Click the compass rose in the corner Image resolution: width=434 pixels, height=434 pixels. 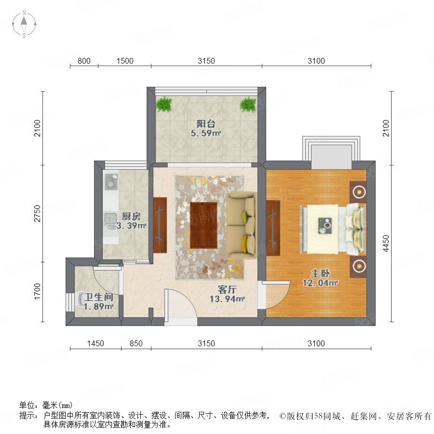[24, 24]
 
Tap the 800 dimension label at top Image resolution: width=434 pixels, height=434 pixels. [84, 61]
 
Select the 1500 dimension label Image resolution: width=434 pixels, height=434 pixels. [125, 61]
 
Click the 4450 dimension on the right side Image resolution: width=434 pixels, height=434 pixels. [386, 244]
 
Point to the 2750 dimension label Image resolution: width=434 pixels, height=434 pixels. [37, 214]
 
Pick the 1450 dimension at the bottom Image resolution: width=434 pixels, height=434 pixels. [95, 343]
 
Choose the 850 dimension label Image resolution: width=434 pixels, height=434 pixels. [136, 343]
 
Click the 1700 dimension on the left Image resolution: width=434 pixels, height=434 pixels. [37, 291]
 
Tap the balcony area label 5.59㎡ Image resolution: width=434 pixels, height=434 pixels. [205, 133]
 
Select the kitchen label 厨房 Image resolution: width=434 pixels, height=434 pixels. [131, 216]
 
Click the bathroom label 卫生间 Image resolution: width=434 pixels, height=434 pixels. [99, 297]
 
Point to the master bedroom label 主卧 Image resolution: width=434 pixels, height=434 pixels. [320, 273]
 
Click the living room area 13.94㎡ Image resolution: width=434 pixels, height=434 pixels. [227, 299]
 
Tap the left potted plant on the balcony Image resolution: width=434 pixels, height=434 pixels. [164, 104]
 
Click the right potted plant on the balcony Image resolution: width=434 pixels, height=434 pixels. [248, 104]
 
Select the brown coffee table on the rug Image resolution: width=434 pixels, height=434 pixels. [203, 225]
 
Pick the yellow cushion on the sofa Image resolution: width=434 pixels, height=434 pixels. [244, 244]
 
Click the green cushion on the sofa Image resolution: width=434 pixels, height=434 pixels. [244, 217]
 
